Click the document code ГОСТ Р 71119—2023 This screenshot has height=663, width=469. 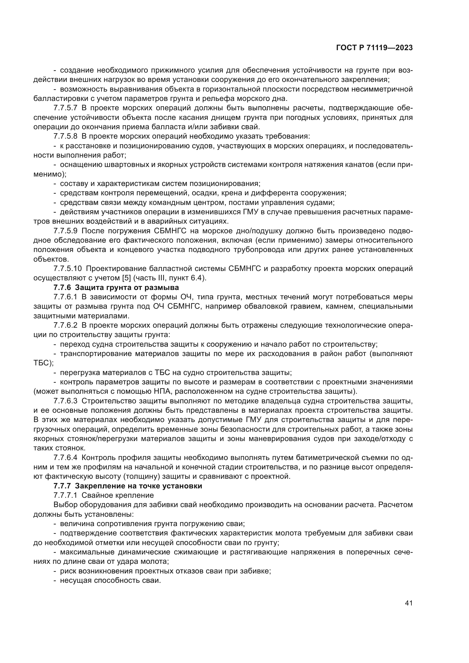(x=374, y=48)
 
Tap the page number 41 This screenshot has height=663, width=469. (x=409, y=603)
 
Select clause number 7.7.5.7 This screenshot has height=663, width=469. (x=65, y=108)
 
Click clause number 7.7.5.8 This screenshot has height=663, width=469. (x=65, y=136)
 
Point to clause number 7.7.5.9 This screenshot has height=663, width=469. (x=65, y=231)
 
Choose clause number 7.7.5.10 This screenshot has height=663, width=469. (x=67, y=268)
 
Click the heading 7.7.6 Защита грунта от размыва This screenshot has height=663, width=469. (x=116, y=287)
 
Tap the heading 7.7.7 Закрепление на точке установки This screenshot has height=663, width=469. (x=128, y=486)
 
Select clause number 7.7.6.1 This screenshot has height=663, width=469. (x=65, y=297)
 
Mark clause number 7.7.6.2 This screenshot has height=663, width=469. (x=65, y=325)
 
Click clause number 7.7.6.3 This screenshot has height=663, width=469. (x=65, y=401)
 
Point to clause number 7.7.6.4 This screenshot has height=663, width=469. (x=65, y=457)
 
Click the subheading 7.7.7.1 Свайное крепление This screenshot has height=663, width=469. (x=103, y=495)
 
